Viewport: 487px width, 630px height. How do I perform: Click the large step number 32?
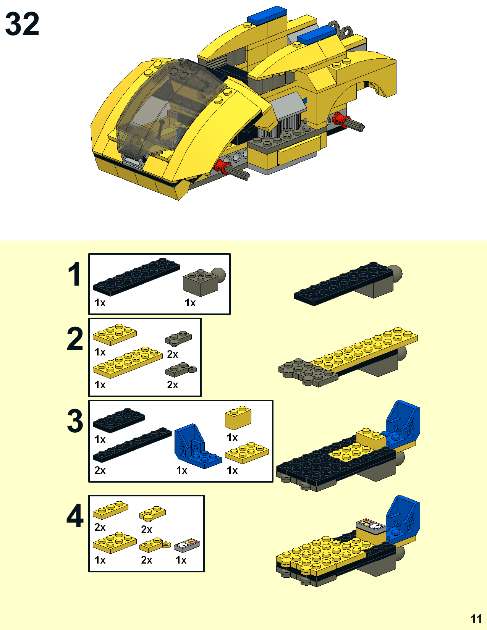(22, 24)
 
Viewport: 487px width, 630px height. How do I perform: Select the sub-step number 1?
(74, 274)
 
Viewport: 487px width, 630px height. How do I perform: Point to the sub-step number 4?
(75, 516)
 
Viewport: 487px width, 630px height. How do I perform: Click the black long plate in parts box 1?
(136, 276)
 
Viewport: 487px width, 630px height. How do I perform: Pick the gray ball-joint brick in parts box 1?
(204, 281)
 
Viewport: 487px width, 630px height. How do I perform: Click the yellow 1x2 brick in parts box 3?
(238, 417)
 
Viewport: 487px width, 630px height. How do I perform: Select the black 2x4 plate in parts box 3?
(119, 420)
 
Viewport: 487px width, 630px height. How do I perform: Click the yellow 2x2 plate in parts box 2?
(115, 334)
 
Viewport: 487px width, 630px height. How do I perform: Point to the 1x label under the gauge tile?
(181, 560)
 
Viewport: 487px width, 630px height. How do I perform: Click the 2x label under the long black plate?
(100, 470)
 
